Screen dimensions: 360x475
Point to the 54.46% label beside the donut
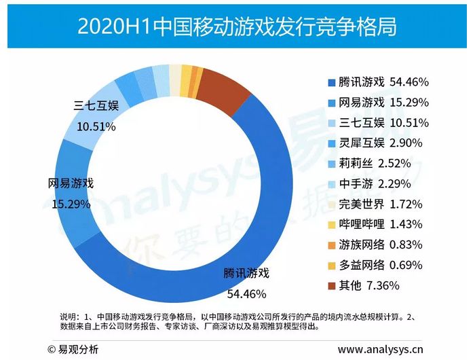click(246, 295)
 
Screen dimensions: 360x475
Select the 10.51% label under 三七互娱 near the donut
click(94, 126)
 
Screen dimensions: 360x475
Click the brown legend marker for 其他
click(332, 285)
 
